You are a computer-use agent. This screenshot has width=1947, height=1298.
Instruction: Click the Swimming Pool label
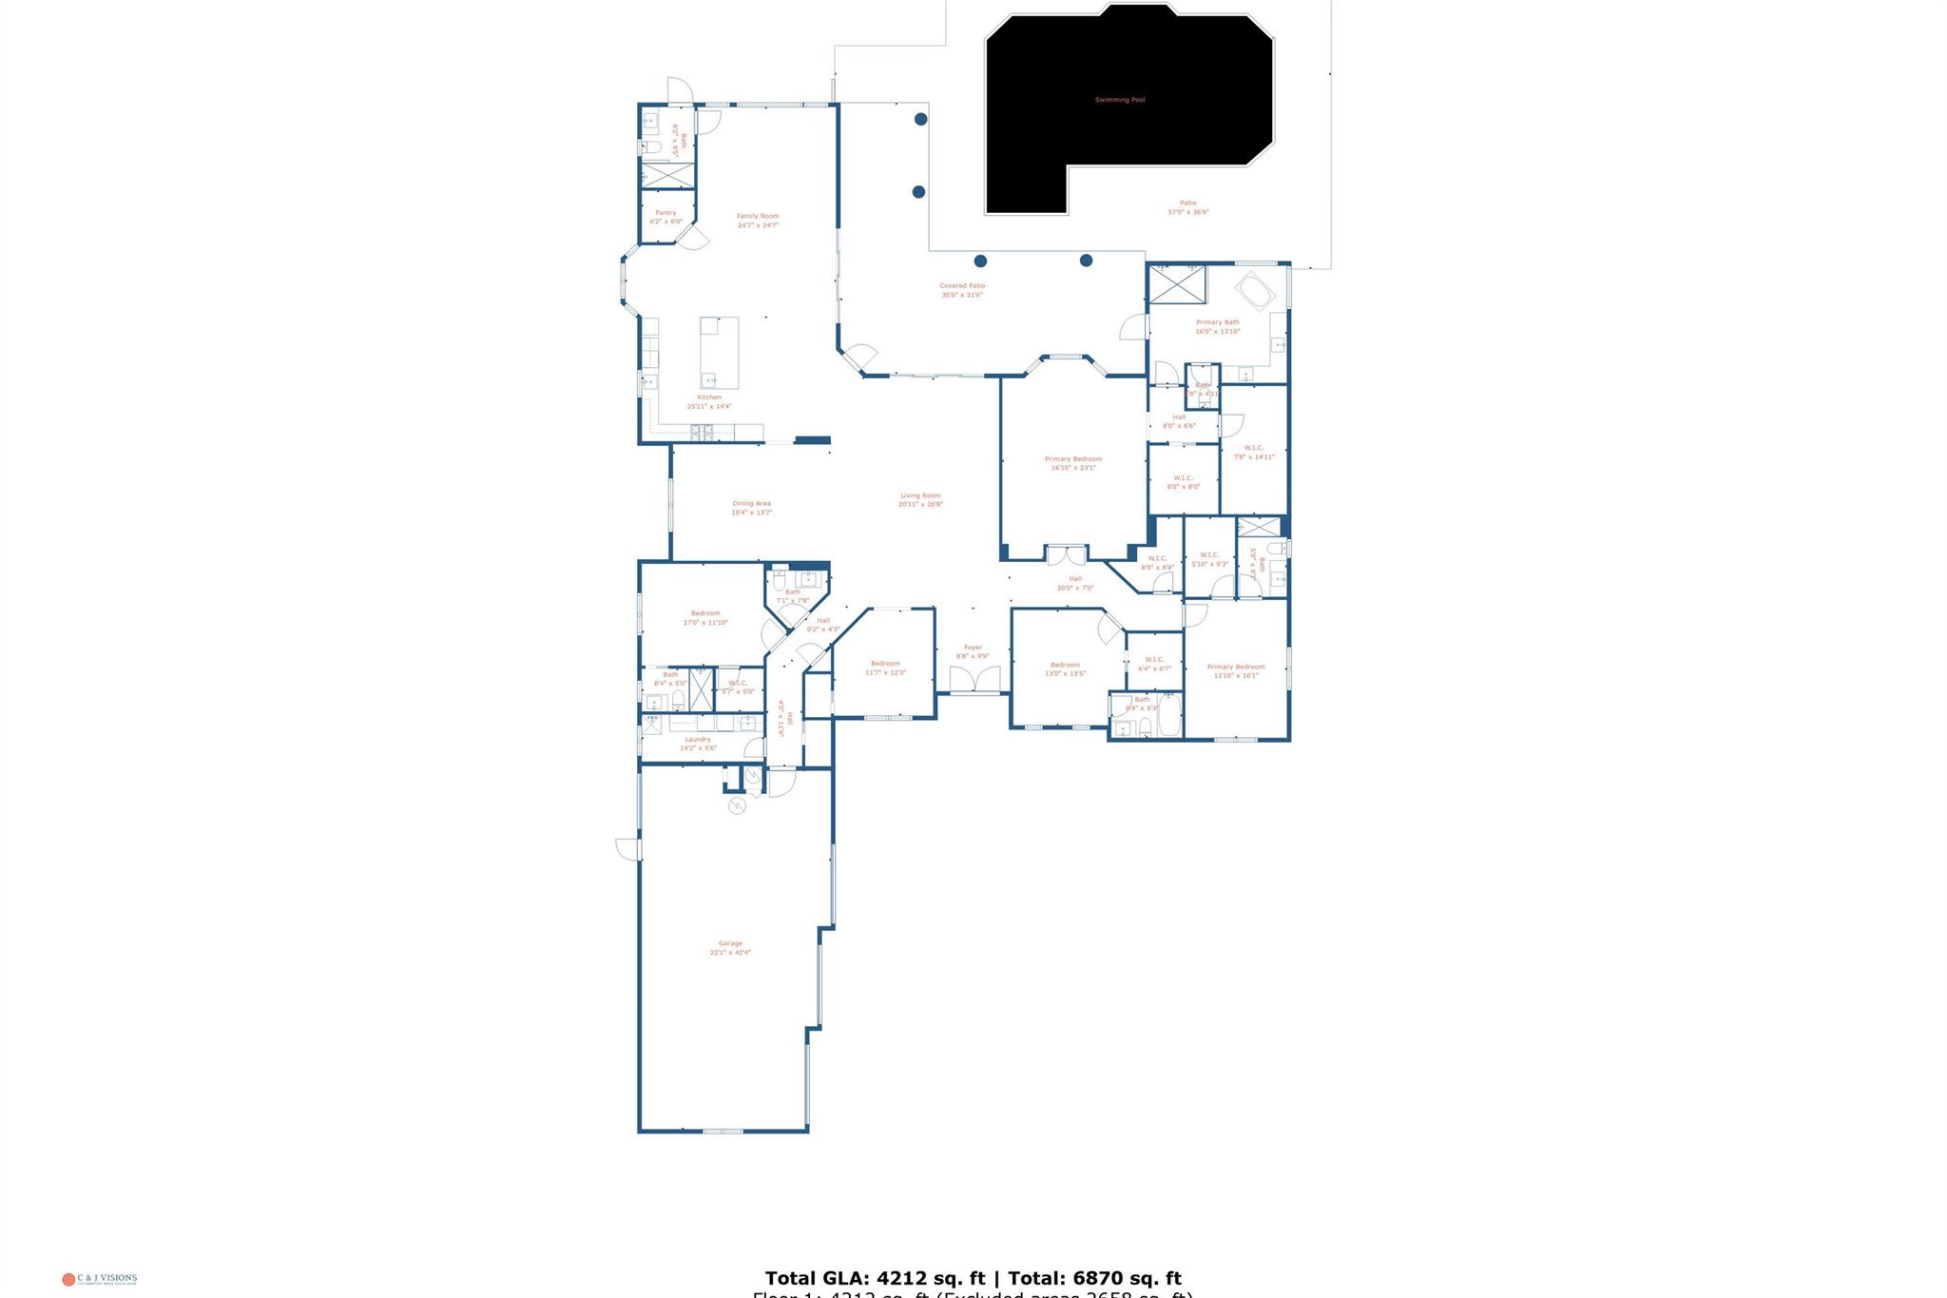pos(1119,100)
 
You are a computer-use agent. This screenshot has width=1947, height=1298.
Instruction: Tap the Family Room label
pos(758,221)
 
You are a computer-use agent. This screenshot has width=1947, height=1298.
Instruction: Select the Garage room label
pos(730,947)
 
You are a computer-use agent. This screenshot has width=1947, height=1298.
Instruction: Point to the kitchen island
pos(719,352)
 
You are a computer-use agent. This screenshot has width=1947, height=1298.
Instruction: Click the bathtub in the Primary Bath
pos(1255,291)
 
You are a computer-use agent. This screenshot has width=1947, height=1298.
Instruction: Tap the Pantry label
pos(665,217)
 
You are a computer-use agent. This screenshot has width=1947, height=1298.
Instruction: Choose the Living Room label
pos(920,499)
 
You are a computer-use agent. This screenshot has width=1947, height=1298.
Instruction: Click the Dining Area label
pos(751,508)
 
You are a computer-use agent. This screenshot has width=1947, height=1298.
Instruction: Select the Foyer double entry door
pos(974,680)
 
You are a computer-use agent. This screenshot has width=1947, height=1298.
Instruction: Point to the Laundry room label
pos(698,743)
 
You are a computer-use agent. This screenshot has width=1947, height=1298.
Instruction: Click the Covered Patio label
pos(962,290)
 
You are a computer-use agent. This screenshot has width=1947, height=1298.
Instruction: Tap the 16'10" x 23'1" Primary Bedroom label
pos(1073,463)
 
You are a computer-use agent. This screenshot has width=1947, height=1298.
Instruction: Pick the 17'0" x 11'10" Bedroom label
pos(705,618)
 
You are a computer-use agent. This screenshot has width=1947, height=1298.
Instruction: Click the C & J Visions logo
pos(100,1279)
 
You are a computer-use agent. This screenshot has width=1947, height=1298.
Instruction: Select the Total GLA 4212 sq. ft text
pos(875,1278)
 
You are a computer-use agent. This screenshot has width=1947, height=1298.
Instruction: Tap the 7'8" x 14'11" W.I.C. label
pos(1254,452)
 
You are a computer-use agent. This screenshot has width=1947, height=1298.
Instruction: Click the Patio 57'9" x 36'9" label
pos(1188,207)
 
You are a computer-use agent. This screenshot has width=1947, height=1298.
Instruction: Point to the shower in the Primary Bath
pos(1177,285)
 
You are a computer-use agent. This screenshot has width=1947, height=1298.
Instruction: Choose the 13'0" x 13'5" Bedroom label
pos(1065,668)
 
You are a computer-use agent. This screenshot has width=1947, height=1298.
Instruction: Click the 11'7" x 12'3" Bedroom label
pos(885,668)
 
